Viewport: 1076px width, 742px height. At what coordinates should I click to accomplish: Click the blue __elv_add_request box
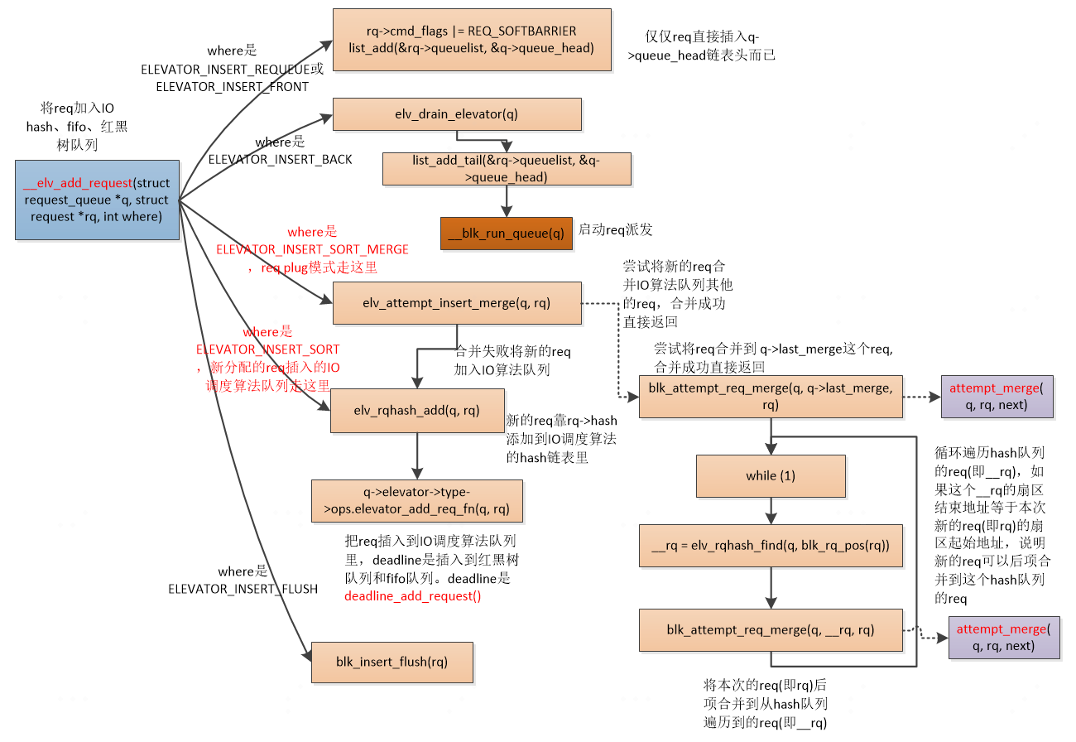click(x=97, y=200)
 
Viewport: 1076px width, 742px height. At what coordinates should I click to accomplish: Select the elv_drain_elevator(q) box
click(x=457, y=114)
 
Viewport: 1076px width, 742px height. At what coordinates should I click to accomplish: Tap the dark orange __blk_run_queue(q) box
click(x=506, y=233)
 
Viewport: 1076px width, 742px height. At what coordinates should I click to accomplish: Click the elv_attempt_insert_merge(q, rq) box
click(x=456, y=302)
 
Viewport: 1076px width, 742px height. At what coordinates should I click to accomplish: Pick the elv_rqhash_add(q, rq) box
click(x=416, y=410)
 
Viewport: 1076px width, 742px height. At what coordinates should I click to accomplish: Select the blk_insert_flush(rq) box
click(x=391, y=662)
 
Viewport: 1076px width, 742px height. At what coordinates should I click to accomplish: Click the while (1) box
click(x=771, y=475)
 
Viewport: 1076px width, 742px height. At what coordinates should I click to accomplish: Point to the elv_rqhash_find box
click(x=771, y=546)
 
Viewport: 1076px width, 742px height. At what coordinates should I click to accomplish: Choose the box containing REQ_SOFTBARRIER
click(x=472, y=40)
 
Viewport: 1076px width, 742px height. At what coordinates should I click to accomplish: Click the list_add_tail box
click(x=506, y=168)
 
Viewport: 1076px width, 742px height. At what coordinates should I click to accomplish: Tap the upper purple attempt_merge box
click(x=996, y=396)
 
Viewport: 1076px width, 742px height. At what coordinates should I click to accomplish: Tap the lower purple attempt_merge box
click(x=1003, y=638)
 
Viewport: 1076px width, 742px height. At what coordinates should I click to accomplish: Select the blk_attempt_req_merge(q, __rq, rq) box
click(x=770, y=630)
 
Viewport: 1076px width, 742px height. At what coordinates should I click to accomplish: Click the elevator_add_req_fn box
click(x=416, y=500)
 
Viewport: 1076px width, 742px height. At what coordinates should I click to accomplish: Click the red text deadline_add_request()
click(x=412, y=595)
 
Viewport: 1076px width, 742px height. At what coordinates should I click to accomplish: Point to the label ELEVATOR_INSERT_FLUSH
click(x=243, y=589)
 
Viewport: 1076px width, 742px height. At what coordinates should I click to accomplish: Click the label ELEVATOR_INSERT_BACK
click(x=280, y=159)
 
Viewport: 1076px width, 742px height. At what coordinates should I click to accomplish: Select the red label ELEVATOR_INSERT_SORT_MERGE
click(x=312, y=248)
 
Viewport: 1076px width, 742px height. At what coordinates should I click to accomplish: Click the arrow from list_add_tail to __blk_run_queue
click(x=506, y=200)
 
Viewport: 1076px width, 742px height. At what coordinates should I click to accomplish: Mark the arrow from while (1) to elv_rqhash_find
click(x=771, y=509)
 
